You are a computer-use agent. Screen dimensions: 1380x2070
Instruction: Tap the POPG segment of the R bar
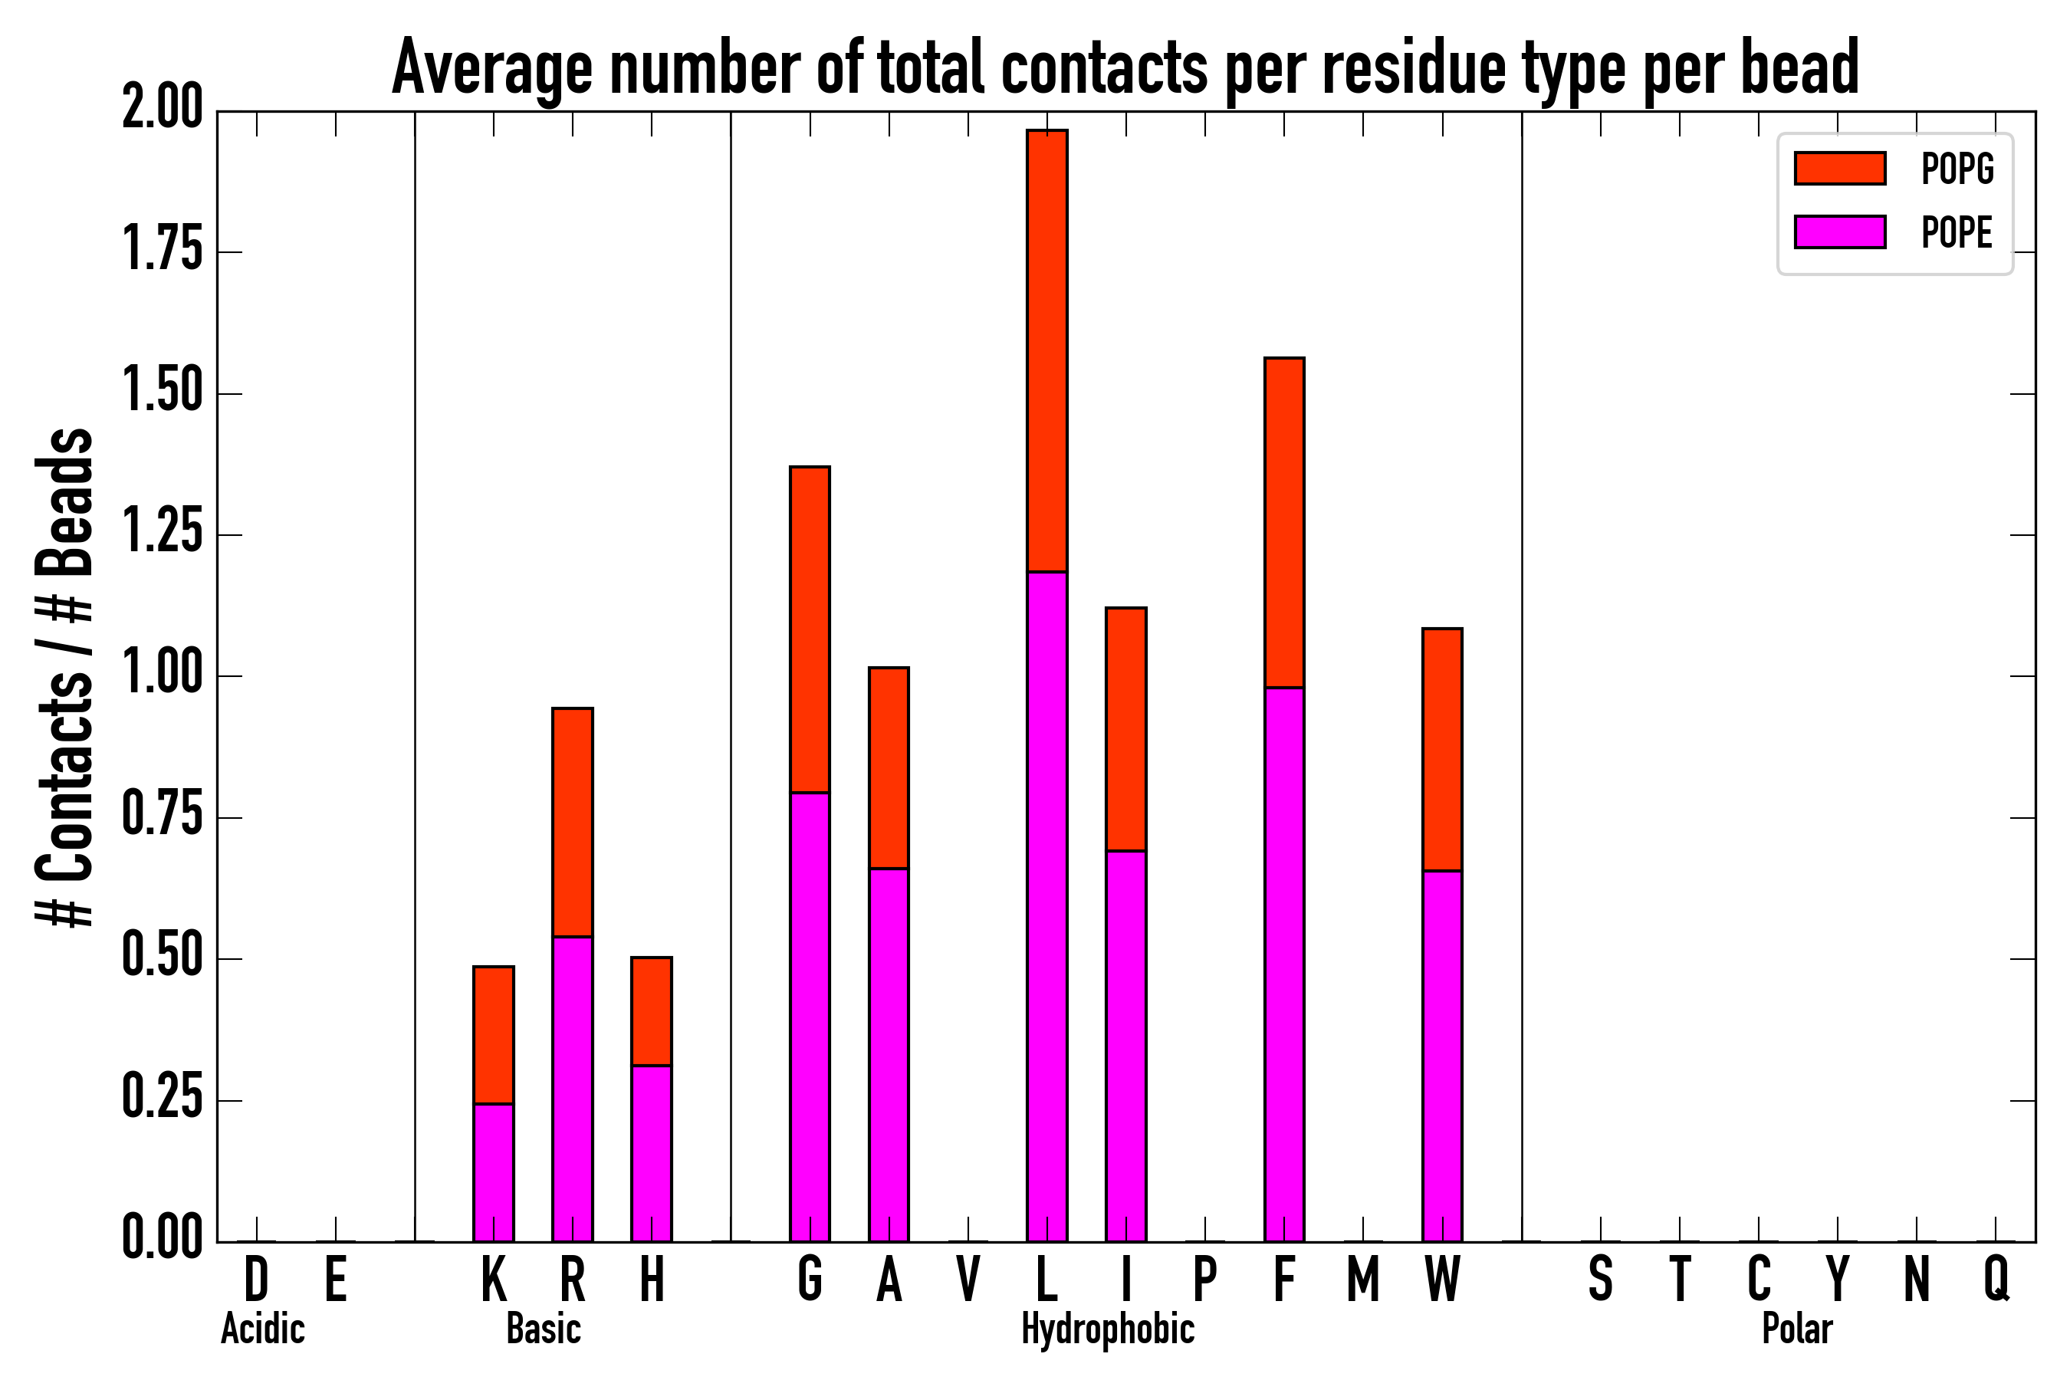572,822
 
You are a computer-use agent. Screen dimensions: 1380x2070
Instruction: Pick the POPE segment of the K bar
493,1172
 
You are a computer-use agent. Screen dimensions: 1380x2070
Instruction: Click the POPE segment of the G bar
809,1017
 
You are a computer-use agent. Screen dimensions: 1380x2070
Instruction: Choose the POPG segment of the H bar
651,1011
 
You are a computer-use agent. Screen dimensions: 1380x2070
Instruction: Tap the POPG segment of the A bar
888,767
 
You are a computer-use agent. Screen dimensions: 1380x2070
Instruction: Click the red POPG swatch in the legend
1839,168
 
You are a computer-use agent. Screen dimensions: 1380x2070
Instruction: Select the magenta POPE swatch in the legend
1839,232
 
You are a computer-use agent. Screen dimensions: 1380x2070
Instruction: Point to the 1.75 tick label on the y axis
162,251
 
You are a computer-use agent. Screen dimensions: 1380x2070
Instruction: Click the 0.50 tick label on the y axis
162,958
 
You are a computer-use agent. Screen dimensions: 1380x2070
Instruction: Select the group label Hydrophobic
1107,1329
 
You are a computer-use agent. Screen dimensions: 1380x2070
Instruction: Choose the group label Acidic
262,1329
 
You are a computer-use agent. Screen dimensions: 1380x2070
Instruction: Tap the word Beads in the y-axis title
64,501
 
